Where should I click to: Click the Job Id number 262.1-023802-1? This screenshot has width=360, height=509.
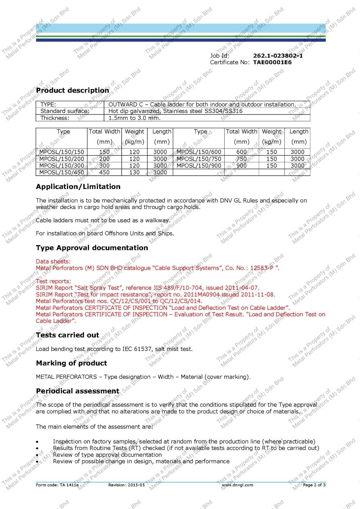278,56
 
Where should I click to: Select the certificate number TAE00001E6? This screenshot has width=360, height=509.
272,62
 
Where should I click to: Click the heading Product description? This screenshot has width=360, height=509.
72,90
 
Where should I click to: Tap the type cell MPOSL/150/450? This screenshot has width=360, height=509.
62,172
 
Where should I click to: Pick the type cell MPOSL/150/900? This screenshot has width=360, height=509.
199,166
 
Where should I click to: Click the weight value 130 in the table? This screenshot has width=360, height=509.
134,172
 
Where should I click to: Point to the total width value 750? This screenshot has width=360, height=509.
242,159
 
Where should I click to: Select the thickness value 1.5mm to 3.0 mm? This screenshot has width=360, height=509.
134,118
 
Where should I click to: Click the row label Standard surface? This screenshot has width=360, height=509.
65,111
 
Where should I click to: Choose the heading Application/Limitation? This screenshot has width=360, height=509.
78,186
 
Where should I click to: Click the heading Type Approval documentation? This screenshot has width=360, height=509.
92,248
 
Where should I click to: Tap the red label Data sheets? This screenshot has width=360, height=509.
53,261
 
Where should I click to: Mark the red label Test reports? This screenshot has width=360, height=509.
53,281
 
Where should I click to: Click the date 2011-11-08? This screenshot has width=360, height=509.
258,294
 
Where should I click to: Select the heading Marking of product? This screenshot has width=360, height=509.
71,363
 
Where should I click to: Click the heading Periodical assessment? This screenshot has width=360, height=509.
77,391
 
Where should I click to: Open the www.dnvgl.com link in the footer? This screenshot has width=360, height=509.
237,485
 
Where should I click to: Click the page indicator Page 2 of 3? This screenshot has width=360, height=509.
314,485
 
